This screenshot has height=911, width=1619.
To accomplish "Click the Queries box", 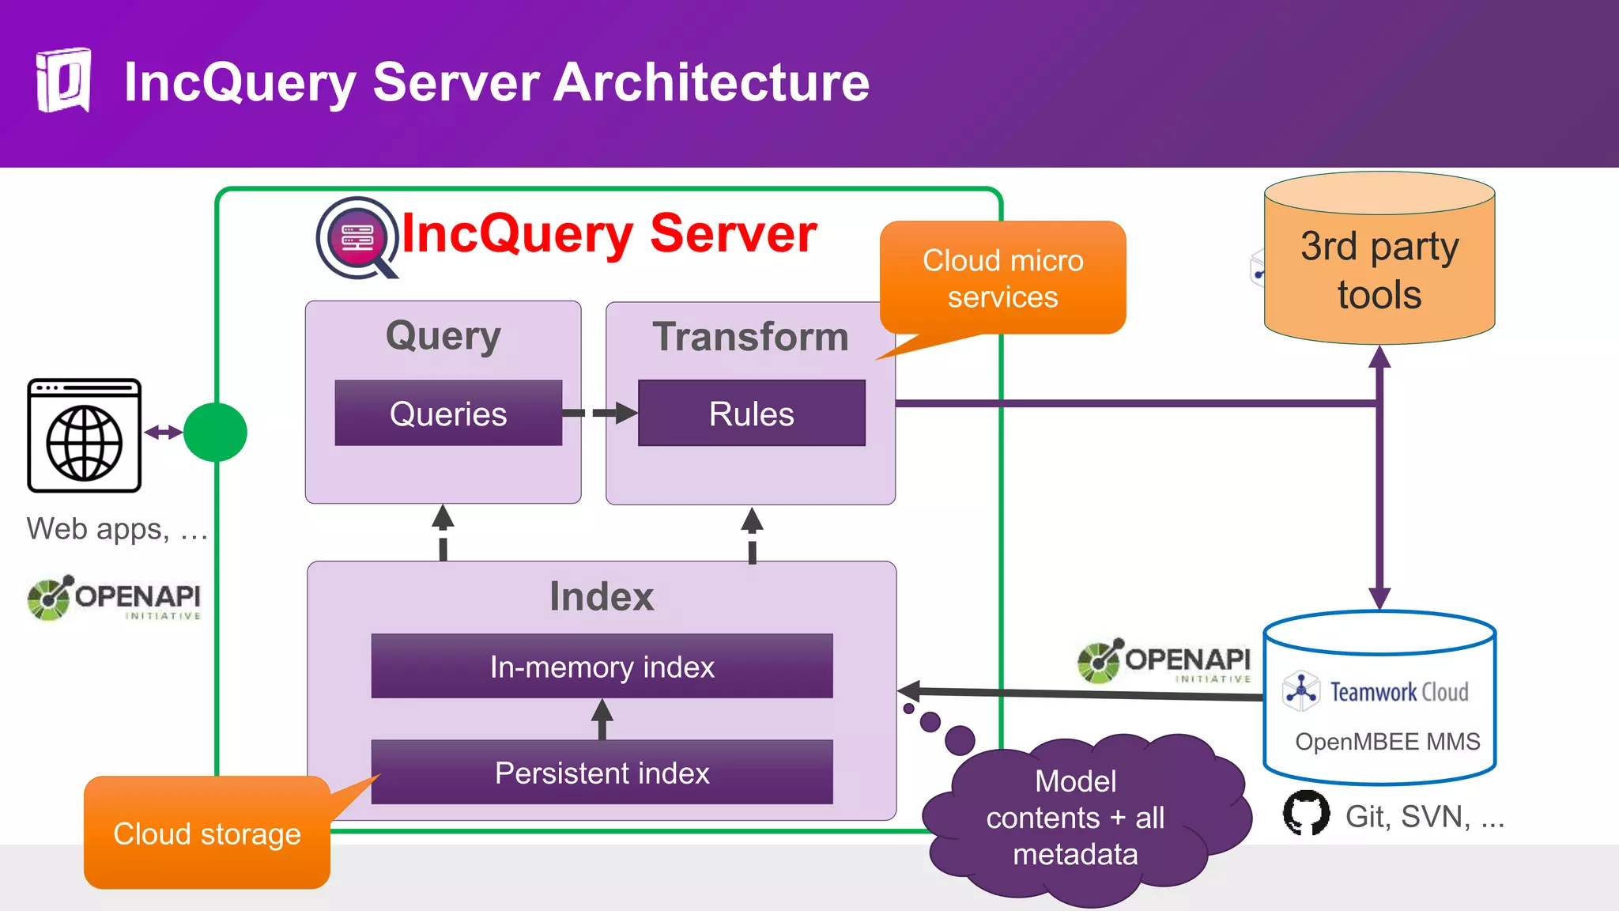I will pos(448,414).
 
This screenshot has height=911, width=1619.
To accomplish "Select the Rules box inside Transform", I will pos(751,414).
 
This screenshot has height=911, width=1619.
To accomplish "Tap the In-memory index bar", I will pos(602,667).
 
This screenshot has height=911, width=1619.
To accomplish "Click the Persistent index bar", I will pos(602,773).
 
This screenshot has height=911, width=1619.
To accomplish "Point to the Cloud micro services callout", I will pos(1002,278).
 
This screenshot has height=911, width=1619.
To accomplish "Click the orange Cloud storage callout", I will pos(207,834).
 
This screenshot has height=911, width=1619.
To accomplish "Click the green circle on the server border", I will pos(215,433).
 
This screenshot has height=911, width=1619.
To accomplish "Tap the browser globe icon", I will pos(85,437).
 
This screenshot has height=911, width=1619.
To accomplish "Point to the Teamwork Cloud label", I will pos(1398,692).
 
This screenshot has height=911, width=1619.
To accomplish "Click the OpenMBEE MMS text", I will pos(1387,742).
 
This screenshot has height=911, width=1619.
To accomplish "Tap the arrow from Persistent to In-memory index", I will pos(602,718).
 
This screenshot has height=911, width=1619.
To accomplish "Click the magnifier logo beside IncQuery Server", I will pos(357,238).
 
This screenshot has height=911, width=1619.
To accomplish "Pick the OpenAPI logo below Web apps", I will pos(115,599).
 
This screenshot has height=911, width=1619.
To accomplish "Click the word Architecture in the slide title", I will pos(711,82).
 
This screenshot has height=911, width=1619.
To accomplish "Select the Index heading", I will pos(602,596).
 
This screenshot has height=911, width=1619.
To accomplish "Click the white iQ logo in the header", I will pos(64,81).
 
